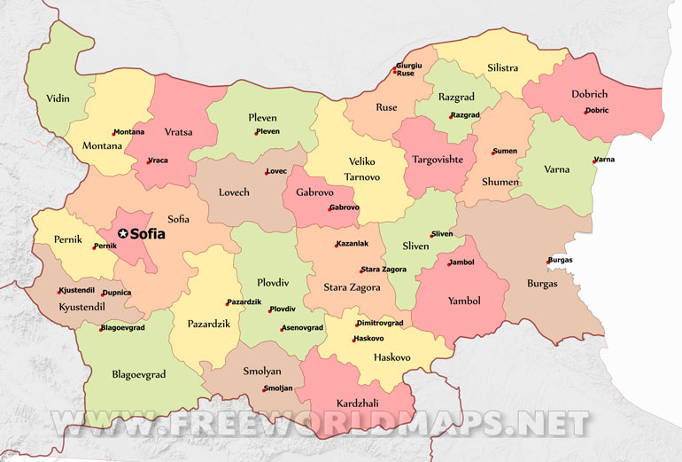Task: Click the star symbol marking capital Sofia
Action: (123, 234)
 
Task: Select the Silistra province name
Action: (503, 68)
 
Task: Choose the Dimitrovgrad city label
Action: (381, 324)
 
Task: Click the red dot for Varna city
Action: (594, 161)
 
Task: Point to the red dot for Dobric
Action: (585, 111)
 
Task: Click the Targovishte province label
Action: (437, 160)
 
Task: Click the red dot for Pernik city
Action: (94, 247)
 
